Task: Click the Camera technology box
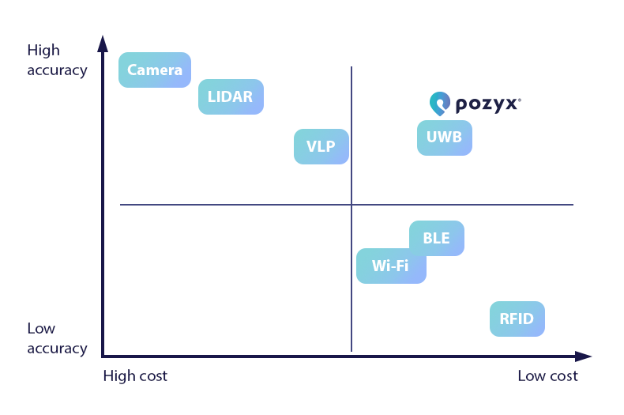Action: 155,70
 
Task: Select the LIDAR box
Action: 231,97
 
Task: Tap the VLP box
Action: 321,146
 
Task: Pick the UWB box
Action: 444,138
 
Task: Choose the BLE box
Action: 437,239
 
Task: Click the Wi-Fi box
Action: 391,266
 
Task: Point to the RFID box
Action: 517,319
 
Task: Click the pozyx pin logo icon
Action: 439,103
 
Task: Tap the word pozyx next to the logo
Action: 487,104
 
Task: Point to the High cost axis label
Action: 135,376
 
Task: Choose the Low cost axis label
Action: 547,376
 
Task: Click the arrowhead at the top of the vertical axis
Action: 103,43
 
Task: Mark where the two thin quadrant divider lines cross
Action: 351,205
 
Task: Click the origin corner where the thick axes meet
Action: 103,357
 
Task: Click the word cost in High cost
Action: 152,376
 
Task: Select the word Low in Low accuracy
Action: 41,329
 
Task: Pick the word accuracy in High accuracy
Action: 57,70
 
